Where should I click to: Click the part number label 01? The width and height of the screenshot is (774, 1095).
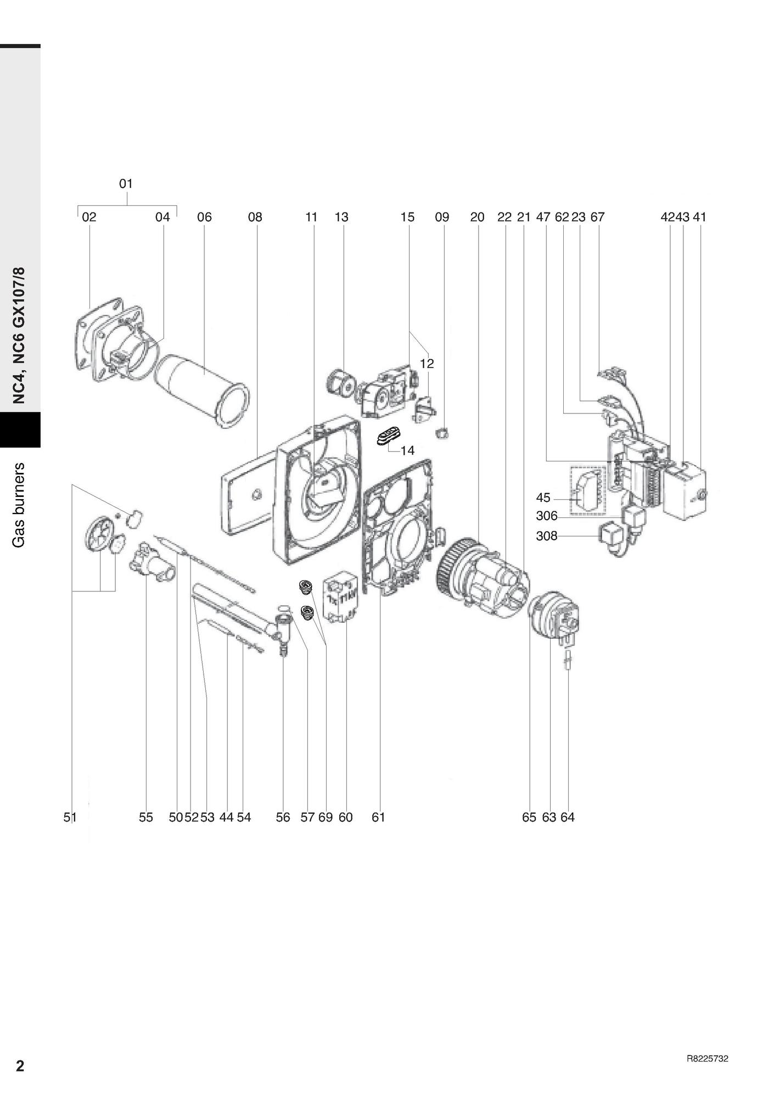pos(126,183)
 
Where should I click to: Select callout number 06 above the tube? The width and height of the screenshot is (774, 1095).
pos(204,217)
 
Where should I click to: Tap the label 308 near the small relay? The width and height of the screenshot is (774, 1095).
pos(546,535)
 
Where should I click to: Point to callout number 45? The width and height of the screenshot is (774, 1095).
pos(543,498)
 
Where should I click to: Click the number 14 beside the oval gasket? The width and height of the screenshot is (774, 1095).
pos(407,450)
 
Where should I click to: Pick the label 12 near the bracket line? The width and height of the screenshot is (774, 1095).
pos(427,364)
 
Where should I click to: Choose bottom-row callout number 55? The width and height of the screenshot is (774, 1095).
pos(145,817)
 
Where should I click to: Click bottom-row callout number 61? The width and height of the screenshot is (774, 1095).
pos(378,817)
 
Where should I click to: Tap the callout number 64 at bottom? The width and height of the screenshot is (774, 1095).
pos(568,817)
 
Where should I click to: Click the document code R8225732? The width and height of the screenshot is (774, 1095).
pos(707,1059)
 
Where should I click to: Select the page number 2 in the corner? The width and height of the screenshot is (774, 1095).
pos(20,1066)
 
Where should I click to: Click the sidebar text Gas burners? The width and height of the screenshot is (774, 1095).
pos(20,505)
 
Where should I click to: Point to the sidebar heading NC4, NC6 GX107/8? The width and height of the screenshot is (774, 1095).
pos(20,336)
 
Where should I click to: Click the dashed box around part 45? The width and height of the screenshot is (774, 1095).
pos(588,490)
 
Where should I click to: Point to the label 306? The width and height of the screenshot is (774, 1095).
pos(546,516)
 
